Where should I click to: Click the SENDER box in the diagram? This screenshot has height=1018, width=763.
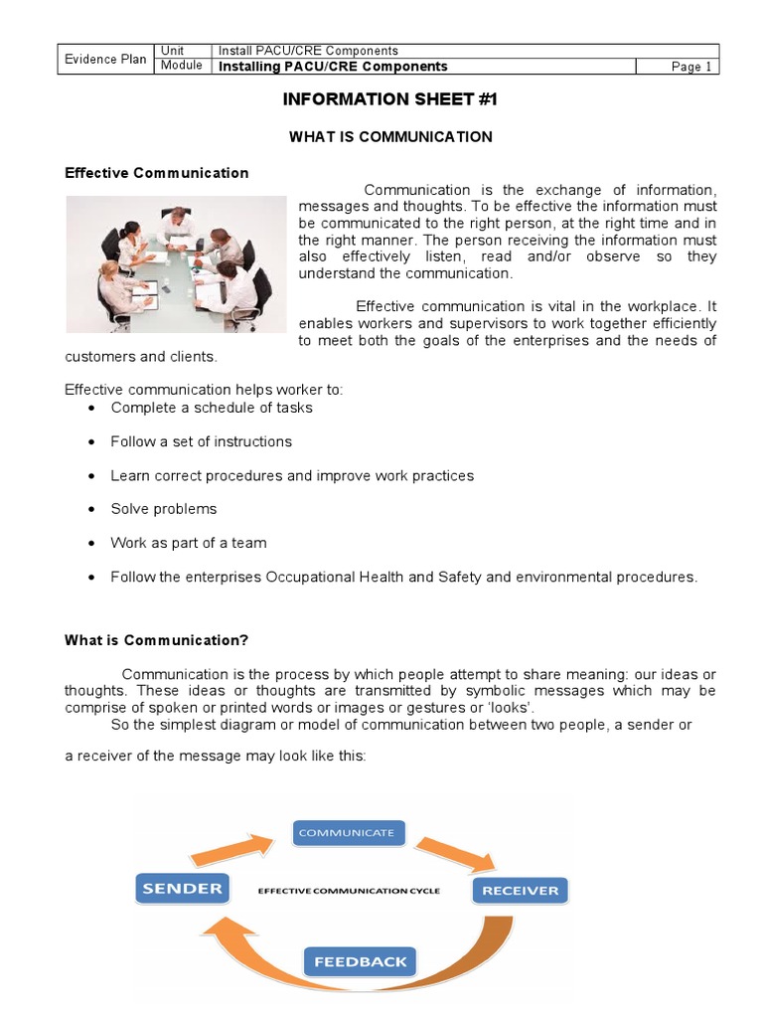(182, 888)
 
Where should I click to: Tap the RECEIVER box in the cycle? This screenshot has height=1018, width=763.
(520, 890)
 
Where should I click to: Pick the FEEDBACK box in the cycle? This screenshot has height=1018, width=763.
(360, 961)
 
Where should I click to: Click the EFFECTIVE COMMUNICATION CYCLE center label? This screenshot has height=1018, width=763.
(349, 890)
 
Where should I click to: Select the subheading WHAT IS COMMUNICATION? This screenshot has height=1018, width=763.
(390, 136)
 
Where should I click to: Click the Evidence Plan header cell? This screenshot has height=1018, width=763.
(105, 59)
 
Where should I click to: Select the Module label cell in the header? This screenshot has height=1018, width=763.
(182, 66)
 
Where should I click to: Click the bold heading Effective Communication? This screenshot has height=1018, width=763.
(157, 173)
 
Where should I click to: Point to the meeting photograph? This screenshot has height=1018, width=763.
(176, 263)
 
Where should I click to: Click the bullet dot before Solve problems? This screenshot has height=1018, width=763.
(91, 510)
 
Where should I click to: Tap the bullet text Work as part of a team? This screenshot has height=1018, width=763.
(189, 543)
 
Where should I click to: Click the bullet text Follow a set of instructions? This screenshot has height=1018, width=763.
(202, 441)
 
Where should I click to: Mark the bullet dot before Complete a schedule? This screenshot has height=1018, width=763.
(91, 409)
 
